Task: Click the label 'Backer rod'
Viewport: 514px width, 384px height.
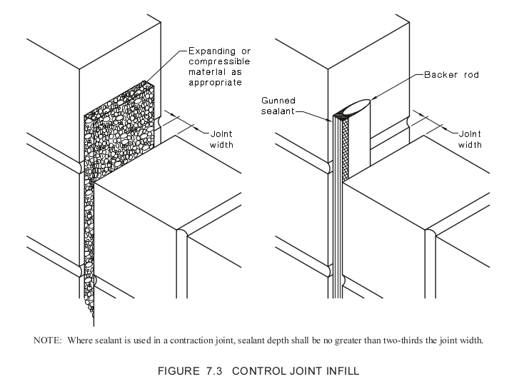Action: coord(450,74)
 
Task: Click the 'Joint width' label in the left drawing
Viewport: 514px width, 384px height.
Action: coord(221,138)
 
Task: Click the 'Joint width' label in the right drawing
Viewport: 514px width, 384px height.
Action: coord(470,138)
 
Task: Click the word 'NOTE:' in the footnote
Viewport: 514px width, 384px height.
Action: coord(47,340)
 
